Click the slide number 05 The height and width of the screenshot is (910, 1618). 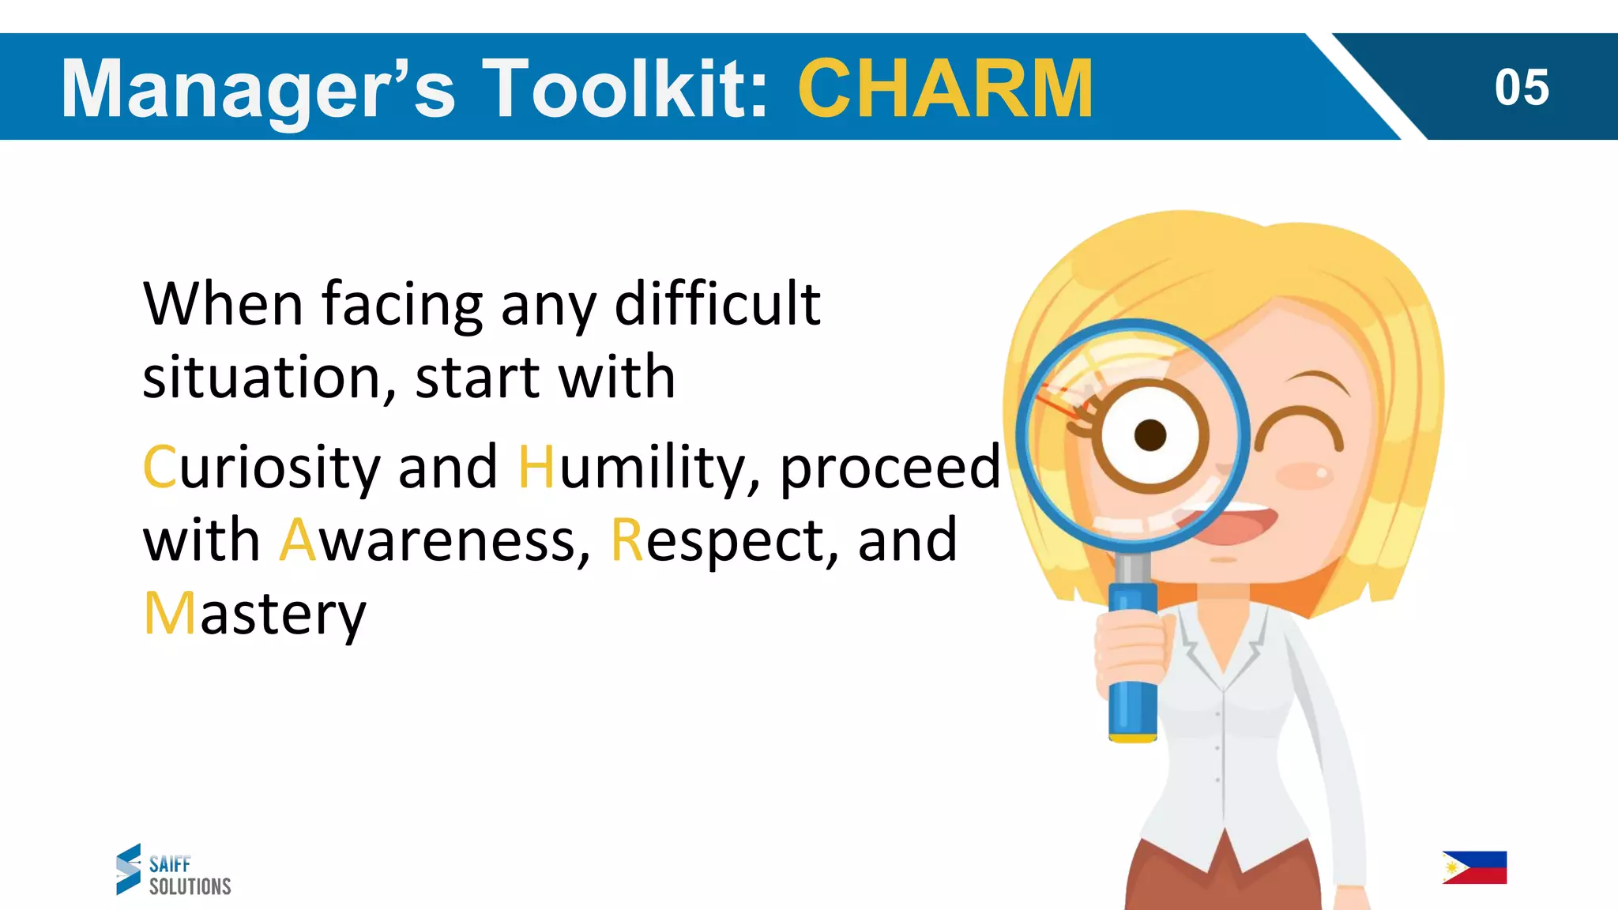1521,87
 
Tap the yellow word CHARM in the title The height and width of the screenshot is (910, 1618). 946,88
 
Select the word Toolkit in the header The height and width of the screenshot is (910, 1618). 625,88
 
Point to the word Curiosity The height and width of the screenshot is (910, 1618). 262,468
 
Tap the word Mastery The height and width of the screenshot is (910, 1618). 255,615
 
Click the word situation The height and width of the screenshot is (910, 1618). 269,378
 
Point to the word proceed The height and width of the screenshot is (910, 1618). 890,468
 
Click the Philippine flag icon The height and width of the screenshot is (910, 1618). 1474,867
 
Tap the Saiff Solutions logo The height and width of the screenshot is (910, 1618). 173,870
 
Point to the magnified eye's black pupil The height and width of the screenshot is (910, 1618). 1150,434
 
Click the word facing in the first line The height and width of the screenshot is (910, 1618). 402,305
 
